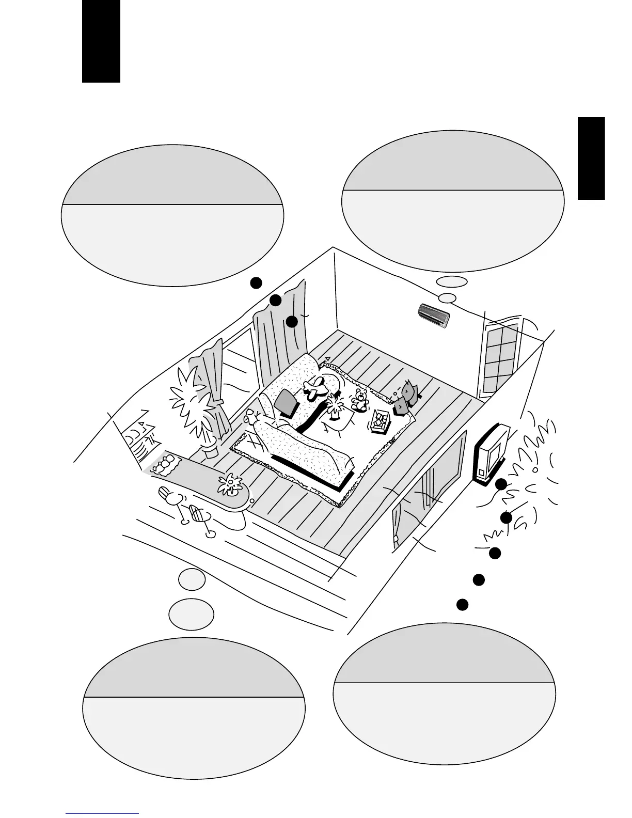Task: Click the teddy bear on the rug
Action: [x=359, y=400]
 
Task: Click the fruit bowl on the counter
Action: [x=164, y=465]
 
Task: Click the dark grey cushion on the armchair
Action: [x=287, y=403]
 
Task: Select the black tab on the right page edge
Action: [x=591, y=158]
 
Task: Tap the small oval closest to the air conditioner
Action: [x=448, y=298]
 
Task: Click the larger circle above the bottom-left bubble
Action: [x=191, y=615]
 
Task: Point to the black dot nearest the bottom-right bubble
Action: [x=462, y=604]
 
